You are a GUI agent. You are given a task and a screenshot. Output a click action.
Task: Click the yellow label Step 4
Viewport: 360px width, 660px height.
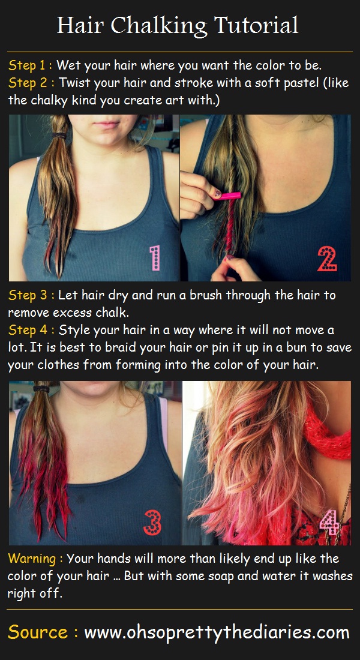pos(28,329)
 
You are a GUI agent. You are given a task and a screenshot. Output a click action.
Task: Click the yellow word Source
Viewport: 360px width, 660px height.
pos(38,632)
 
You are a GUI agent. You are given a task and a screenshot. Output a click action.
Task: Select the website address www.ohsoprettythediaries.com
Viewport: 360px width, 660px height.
pos(217,633)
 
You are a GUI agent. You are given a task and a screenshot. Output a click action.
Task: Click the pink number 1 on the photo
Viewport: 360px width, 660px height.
pos(155,258)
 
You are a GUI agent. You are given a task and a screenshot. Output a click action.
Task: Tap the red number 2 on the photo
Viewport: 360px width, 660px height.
pos(327,259)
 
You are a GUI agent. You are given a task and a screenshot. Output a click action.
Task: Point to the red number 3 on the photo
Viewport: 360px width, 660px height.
pos(152,523)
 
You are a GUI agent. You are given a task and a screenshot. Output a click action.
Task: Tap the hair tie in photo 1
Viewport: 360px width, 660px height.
pos(59,136)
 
